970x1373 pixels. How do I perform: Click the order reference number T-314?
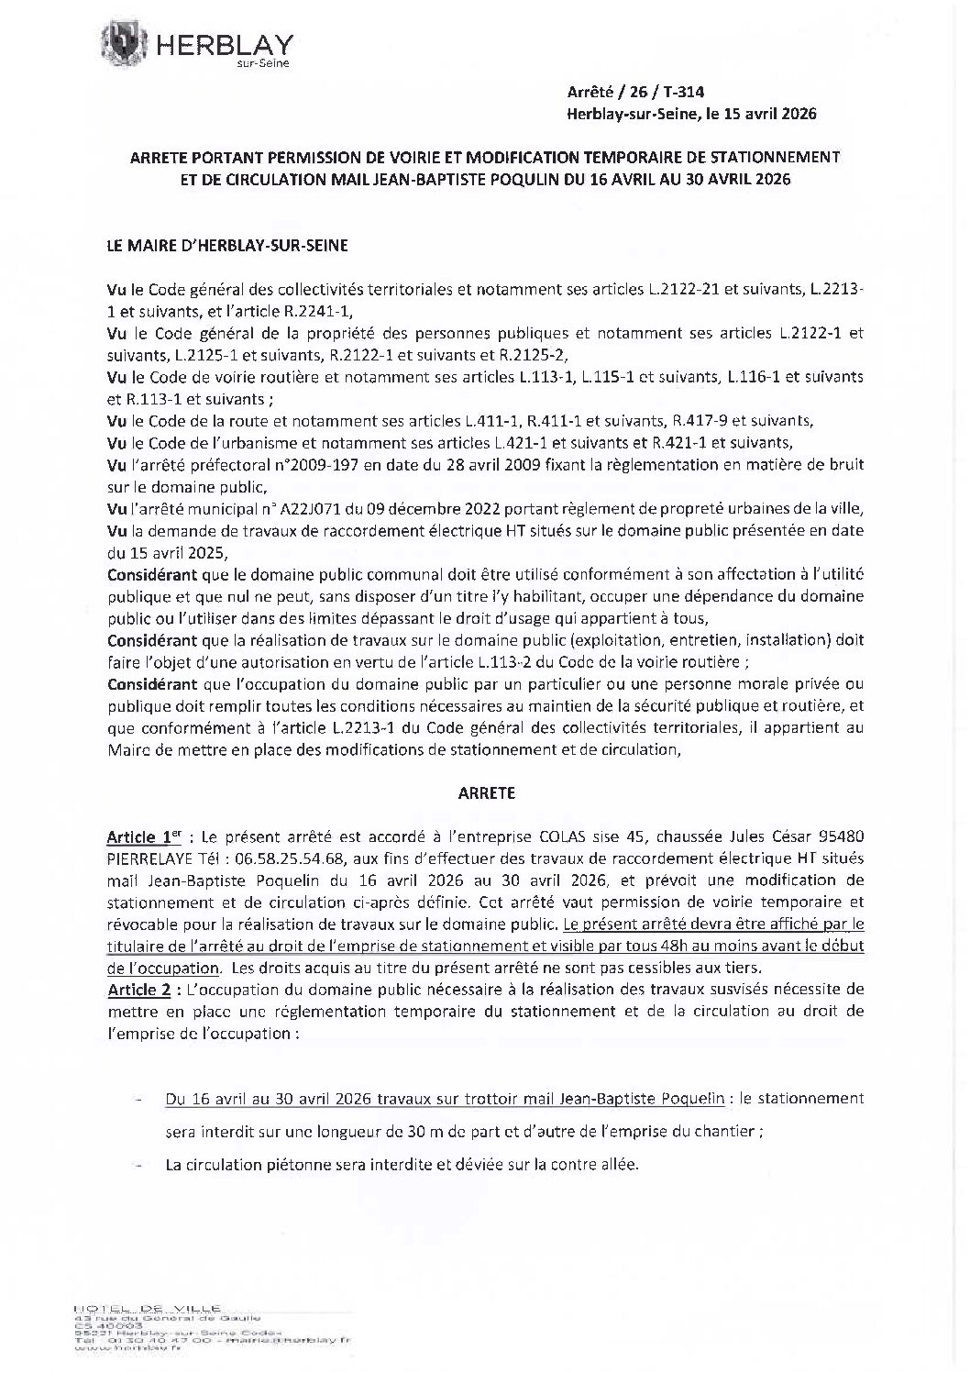685,92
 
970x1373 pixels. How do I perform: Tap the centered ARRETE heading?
486,793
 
